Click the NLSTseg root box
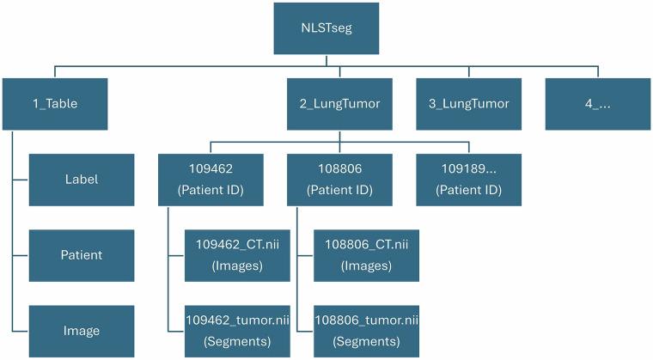tap(326, 27)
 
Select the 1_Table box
tap(54, 103)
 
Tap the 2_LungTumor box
tap(339, 103)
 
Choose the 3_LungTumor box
tap(468, 103)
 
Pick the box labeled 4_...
tap(596, 103)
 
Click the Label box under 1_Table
tap(82, 180)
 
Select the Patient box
tap(82, 255)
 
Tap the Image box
tap(82, 331)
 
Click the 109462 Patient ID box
tap(211, 180)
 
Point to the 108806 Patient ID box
tap(339, 180)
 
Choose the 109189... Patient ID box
tap(468, 180)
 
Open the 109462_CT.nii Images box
tap(238, 255)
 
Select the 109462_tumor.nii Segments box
tap(238, 331)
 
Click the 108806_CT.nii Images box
tap(366, 255)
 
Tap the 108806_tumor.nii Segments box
tap(366, 331)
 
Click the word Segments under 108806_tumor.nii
tap(366, 340)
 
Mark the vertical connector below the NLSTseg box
tap(326, 60)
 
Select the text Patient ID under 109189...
tap(468, 189)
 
